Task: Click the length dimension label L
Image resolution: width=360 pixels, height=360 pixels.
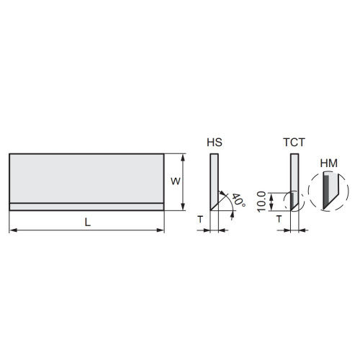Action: [87, 223]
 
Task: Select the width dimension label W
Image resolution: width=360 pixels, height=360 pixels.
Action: [174, 181]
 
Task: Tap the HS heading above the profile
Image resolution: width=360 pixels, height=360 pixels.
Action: [214, 143]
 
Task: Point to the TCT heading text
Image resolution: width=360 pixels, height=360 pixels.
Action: [293, 143]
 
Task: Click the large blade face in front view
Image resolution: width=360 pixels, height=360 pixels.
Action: [87, 179]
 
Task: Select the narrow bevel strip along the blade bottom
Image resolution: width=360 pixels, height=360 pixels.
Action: [87, 207]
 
